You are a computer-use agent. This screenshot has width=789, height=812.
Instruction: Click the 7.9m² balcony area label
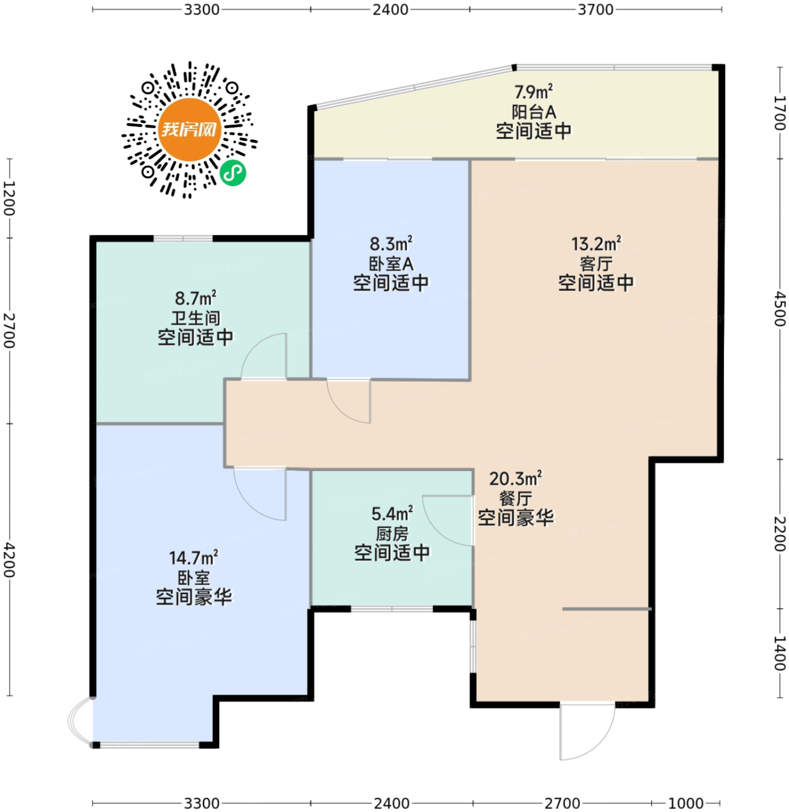tap(533, 92)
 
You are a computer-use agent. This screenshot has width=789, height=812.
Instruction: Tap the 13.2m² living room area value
tap(596, 244)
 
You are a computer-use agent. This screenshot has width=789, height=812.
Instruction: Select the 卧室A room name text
tap(391, 264)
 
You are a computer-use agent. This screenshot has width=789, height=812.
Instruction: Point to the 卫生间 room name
tap(196, 318)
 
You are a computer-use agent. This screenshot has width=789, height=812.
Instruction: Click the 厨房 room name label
tap(392, 533)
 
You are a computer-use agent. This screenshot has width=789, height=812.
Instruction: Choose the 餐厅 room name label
tap(516, 498)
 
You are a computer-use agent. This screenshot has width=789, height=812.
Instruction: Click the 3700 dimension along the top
tap(595, 9)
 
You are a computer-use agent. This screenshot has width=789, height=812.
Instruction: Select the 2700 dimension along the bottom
tap(562, 803)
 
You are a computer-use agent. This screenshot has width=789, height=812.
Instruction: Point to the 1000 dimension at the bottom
tap(686, 803)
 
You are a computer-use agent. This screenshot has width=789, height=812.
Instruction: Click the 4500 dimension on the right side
tap(780, 309)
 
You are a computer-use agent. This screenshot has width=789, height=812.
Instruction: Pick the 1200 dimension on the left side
tap(9, 198)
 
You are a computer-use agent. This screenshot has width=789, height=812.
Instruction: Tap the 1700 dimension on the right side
tap(780, 113)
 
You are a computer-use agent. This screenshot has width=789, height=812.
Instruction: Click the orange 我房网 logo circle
tap(190, 129)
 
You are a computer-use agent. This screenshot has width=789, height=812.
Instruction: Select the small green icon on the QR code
tap(233, 172)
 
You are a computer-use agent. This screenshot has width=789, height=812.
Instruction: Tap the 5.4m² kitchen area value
tap(392, 514)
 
